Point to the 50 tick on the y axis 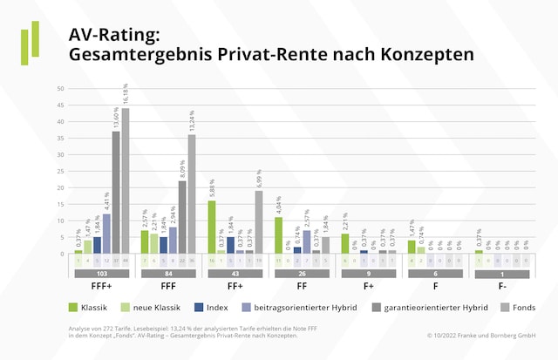coord(60,89)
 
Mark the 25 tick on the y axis coord(60,172)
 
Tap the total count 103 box coord(100,274)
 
